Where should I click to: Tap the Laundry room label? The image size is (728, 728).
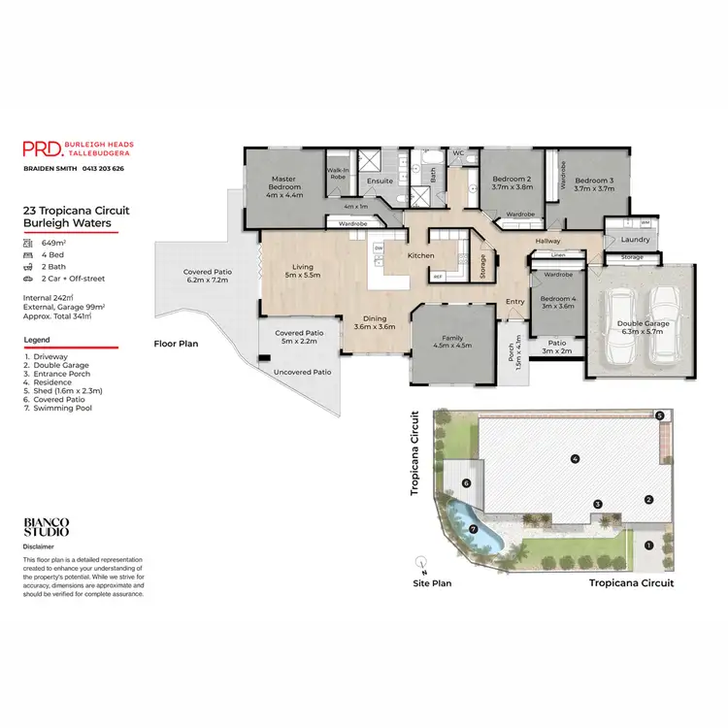pos(635,239)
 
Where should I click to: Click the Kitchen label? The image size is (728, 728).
pos(420,255)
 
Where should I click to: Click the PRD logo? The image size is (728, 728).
pos(42,149)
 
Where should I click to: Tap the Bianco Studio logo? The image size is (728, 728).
pos(47,527)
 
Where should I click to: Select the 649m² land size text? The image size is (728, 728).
pos(53,243)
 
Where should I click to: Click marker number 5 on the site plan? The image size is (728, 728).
pos(659,415)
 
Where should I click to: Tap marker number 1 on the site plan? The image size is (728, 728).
pos(648,545)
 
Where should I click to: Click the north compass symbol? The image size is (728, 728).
pos(420,562)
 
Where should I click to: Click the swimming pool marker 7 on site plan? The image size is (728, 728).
pos(474,529)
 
